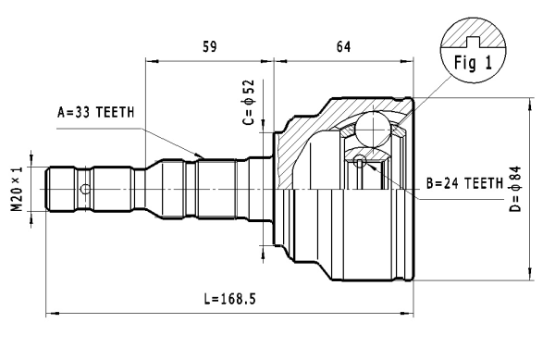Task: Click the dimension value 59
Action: (210, 46)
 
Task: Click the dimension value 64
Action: (343, 46)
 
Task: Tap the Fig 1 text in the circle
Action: (473, 63)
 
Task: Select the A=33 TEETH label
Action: (96, 112)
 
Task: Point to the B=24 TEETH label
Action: (464, 183)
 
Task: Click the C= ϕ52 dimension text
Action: (249, 103)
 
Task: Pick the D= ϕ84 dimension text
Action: (515, 189)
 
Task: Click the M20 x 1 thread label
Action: (17, 189)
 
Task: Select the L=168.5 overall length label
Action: (229, 299)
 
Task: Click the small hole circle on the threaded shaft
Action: (85, 189)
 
